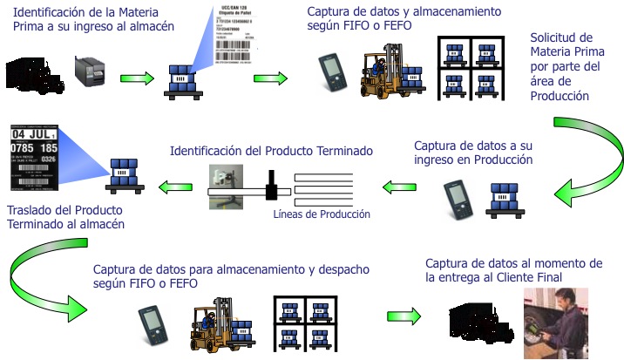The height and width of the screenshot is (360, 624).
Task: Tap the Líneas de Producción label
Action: coord(321,214)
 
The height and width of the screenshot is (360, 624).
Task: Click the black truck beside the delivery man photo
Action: coord(479,323)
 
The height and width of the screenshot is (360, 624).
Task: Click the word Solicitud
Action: coord(560,37)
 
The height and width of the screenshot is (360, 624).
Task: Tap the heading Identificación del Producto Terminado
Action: coord(270,150)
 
